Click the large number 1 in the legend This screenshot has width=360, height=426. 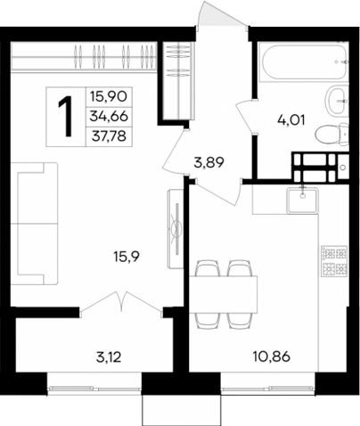click(x=66, y=116)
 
